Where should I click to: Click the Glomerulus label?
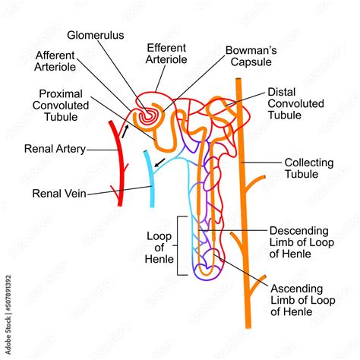(95, 35)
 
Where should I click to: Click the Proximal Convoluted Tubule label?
(66, 106)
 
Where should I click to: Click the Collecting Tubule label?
(310, 168)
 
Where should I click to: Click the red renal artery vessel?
(115, 163)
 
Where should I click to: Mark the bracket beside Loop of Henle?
(179, 245)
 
